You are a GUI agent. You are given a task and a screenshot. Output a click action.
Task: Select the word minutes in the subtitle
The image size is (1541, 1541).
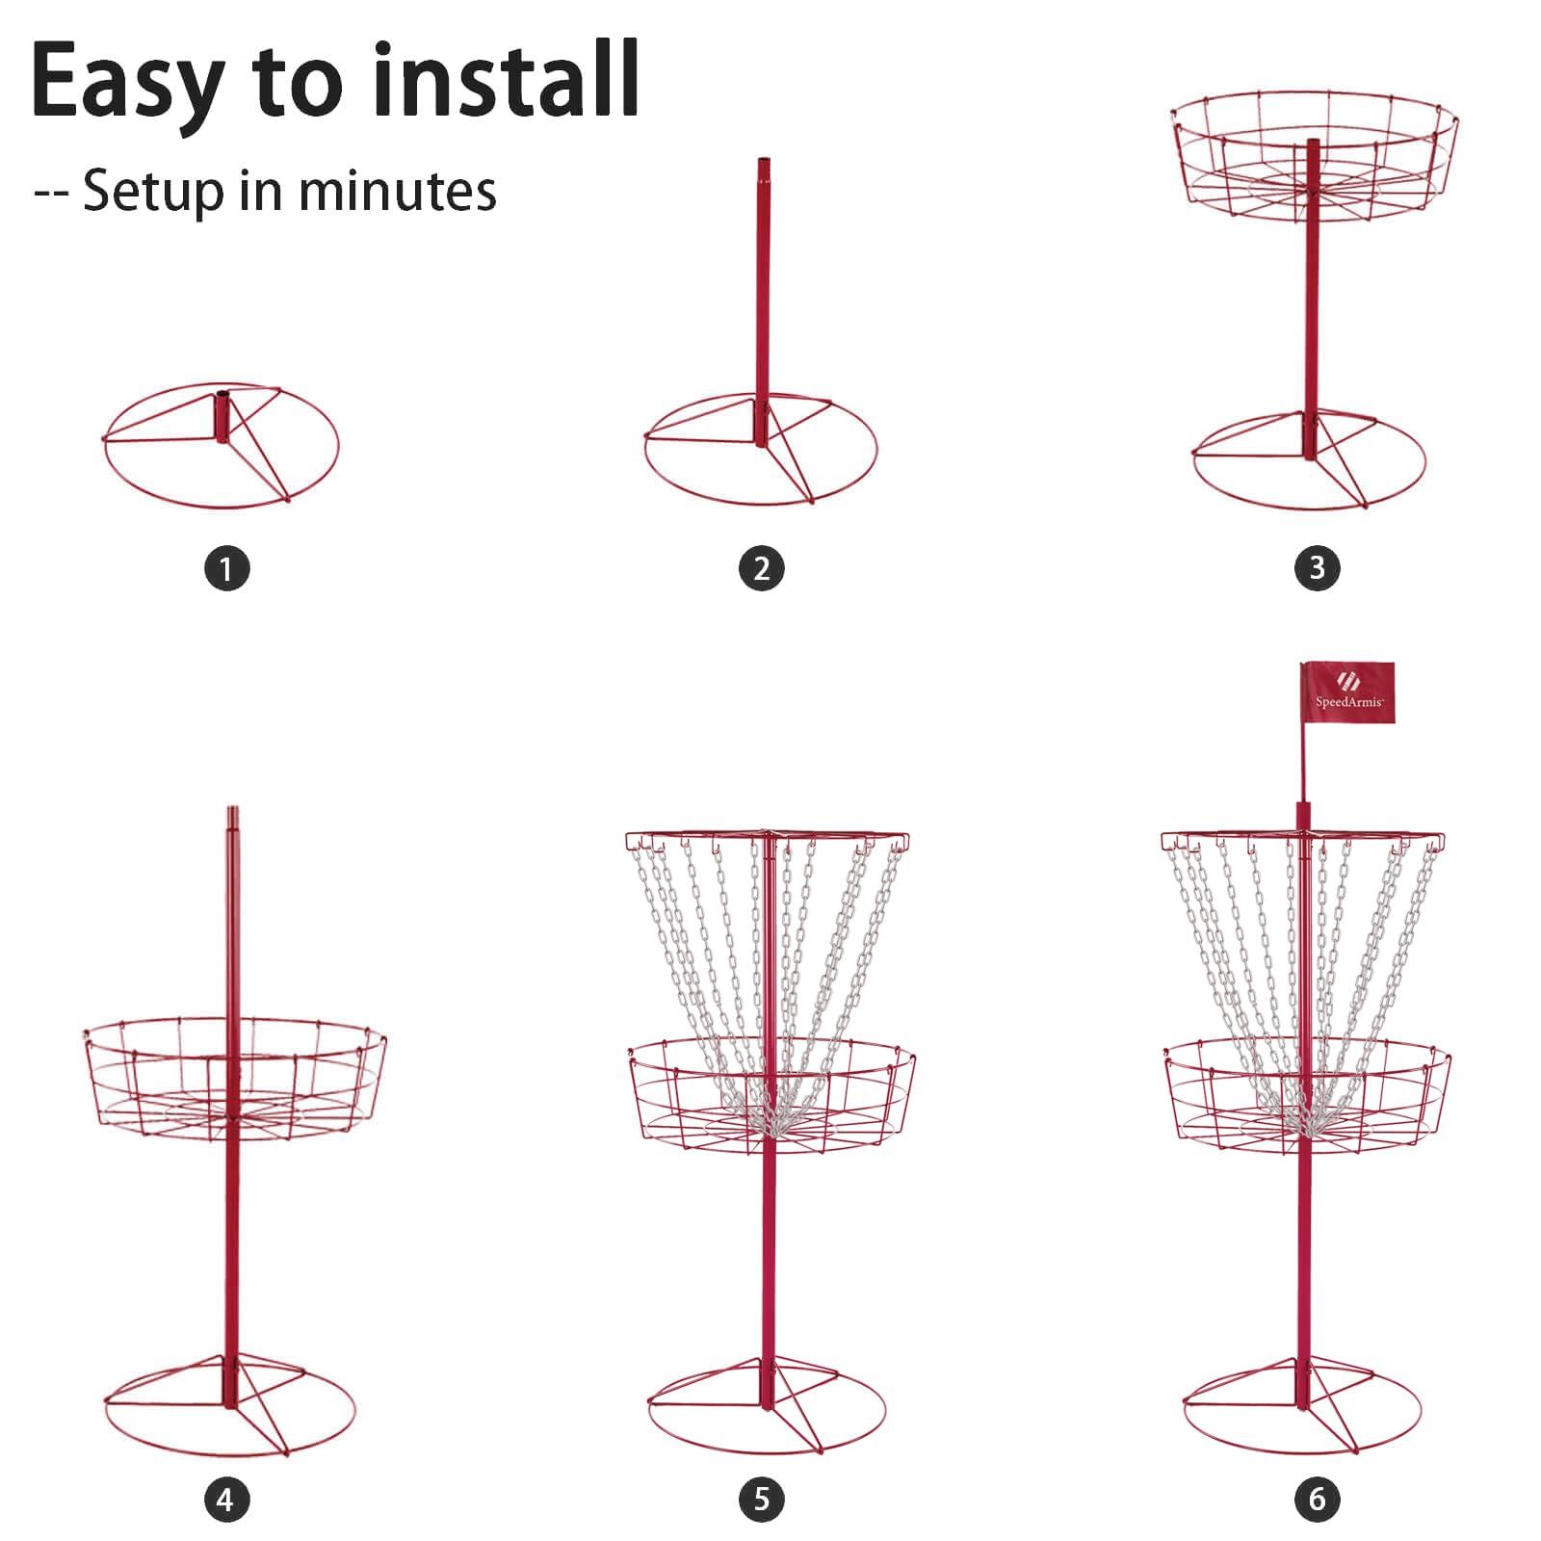(x=397, y=190)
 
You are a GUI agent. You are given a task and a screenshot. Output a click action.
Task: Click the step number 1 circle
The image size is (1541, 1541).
(x=226, y=568)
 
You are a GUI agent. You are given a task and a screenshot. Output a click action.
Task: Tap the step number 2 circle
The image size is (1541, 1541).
(x=762, y=568)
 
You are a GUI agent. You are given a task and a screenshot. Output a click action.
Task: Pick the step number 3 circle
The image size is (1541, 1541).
(x=1318, y=568)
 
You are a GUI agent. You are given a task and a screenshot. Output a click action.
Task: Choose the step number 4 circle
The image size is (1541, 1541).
(x=226, y=1500)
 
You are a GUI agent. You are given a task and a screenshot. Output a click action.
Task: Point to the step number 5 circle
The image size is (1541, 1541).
(x=762, y=1500)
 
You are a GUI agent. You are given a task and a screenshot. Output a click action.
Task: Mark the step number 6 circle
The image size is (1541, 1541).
(x=1318, y=1500)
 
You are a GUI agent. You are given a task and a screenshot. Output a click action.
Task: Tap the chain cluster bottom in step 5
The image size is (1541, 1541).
(x=770, y=1117)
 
